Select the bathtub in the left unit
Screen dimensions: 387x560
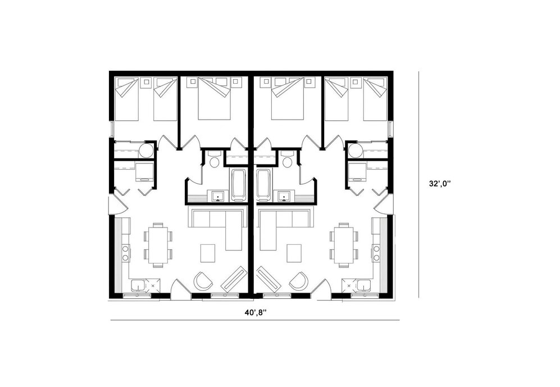pyautogui.click(x=238, y=184)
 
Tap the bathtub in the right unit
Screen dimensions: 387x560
pyautogui.click(x=263, y=184)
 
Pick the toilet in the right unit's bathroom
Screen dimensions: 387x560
pyautogui.click(x=288, y=161)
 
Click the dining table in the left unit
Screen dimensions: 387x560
pyautogui.click(x=158, y=244)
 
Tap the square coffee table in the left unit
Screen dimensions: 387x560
pyautogui.click(x=208, y=253)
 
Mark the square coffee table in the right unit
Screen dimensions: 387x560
pyautogui.click(x=293, y=253)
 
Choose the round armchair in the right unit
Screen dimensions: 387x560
pyautogui.click(x=299, y=281)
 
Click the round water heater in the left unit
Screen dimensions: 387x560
pyautogui.click(x=147, y=151)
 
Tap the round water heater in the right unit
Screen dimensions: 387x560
pyautogui.click(x=354, y=151)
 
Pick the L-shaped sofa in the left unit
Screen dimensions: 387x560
pyautogui.click(x=219, y=222)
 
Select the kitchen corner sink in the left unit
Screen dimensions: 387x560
pyautogui.click(x=138, y=286)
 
